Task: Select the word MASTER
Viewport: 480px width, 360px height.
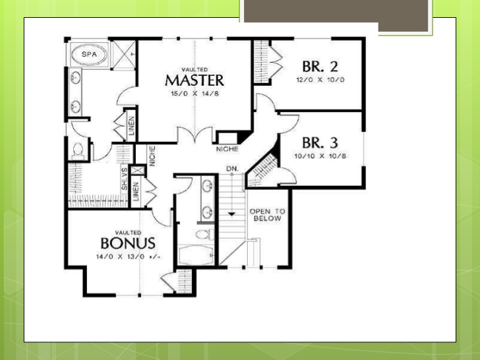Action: click(195, 80)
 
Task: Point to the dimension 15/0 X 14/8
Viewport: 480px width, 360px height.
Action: click(195, 94)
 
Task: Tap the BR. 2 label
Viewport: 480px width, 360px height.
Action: click(320, 67)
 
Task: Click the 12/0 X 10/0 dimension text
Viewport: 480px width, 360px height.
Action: click(320, 79)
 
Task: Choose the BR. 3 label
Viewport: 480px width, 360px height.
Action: click(320, 143)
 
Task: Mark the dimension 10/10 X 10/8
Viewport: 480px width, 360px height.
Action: click(320, 156)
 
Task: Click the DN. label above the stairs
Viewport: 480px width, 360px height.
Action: click(231, 169)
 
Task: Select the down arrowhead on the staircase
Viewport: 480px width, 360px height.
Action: click(231, 214)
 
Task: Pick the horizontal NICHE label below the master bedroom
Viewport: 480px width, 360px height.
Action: click(226, 149)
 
